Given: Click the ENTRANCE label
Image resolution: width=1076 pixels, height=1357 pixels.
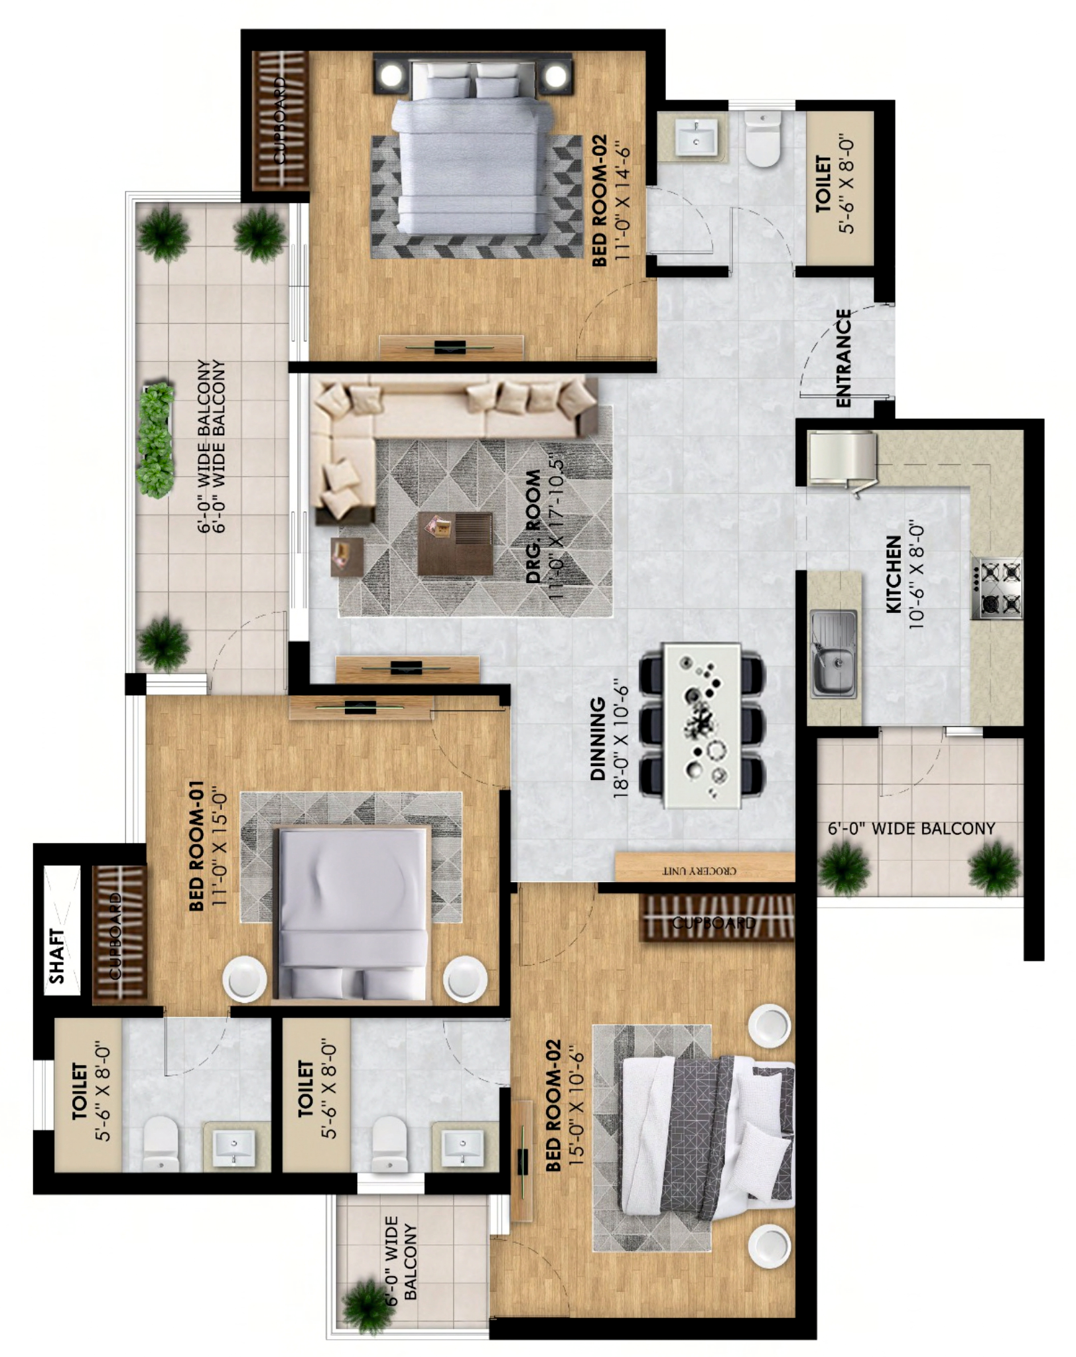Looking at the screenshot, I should tap(843, 358).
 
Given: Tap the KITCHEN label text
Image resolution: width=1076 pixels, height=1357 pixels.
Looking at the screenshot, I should tap(893, 574).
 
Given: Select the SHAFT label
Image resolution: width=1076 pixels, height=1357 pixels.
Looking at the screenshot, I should tap(58, 956).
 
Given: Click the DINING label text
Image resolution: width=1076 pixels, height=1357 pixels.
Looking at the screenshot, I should tap(598, 738).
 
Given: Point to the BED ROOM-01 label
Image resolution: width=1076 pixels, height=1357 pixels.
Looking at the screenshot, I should tap(196, 846).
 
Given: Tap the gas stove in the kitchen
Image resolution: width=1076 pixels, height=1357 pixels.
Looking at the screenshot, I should tap(997, 588).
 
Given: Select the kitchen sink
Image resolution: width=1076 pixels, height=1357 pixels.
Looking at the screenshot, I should tap(833, 654).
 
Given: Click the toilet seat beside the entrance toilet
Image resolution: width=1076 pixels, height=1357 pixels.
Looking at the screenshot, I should tap(762, 140).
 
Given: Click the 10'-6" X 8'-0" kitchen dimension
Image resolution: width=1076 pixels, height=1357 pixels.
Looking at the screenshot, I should tap(916, 574).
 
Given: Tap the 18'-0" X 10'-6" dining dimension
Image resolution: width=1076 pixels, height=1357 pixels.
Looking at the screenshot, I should tap(620, 738).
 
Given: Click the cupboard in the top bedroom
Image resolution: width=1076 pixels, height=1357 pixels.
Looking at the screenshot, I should tap(281, 119).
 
